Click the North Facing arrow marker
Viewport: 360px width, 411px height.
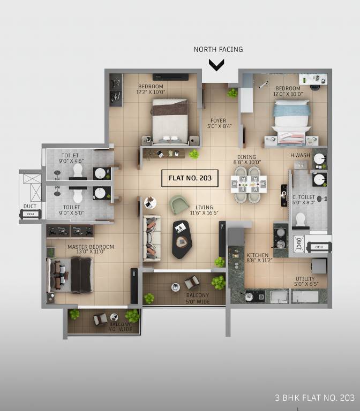coord(216,65)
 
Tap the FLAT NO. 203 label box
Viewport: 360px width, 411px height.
coord(190,178)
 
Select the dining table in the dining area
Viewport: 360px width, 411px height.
coord(249,184)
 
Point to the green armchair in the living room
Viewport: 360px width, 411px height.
coord(179,204)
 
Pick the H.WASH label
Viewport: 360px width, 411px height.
coord(298,156)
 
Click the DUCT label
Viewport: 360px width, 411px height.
coord(30,205)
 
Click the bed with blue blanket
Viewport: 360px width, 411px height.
coord(291,122)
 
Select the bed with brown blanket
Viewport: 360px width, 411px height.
coord(170,121)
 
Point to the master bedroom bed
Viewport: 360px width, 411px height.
coord(72,275)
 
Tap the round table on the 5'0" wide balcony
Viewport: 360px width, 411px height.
coord(175,287)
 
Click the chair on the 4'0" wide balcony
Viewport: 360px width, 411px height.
coord(100,319)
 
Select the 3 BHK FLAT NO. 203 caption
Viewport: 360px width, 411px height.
coord(314,398)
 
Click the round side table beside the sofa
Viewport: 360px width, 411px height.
coord(151,203)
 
